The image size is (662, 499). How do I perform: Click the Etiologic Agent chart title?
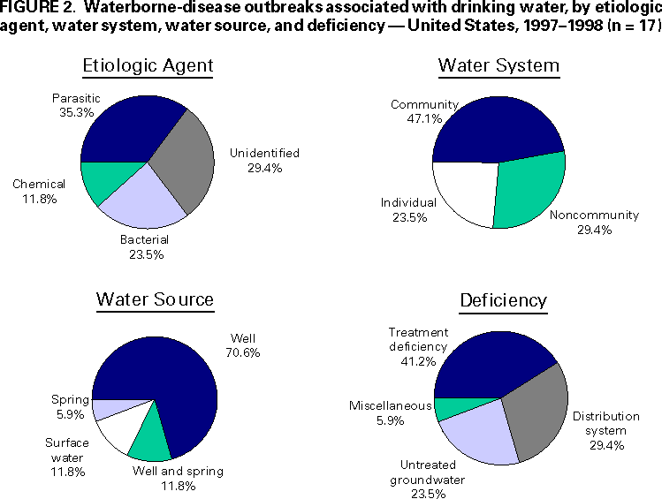pos(148,66)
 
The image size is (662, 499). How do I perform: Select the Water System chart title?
pos(498,66)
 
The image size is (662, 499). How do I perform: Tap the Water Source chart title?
pos(155,299)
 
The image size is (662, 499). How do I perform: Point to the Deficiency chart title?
pos(503,300)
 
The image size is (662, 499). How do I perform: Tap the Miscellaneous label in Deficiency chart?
pos(390,405)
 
